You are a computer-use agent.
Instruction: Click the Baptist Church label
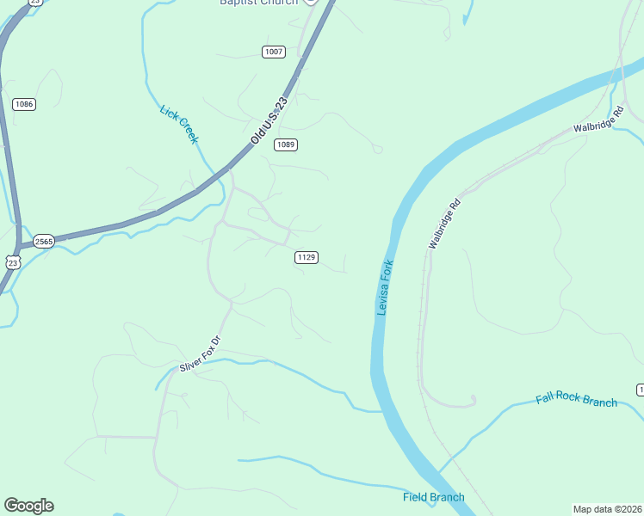coord(258,3)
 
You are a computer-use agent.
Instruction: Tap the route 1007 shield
coord(274,52)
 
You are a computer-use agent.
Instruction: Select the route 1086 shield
coord(24,104)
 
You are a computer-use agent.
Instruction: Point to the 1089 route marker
coord(287,144)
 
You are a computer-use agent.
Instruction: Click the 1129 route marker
coord(307,257)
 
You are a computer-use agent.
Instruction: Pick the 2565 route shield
coord(44,242)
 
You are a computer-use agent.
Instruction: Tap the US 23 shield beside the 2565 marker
coord(11,261)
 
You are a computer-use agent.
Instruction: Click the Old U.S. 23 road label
coord(268,120)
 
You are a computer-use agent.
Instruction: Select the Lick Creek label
coord(180,124)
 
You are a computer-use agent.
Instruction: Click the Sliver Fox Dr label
coord(201,353)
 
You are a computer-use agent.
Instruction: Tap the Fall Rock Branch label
coord(576,400)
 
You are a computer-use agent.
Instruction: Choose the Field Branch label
coord(433,497)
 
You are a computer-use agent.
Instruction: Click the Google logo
coord(28,506)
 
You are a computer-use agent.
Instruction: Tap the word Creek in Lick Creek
coord(188,132)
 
